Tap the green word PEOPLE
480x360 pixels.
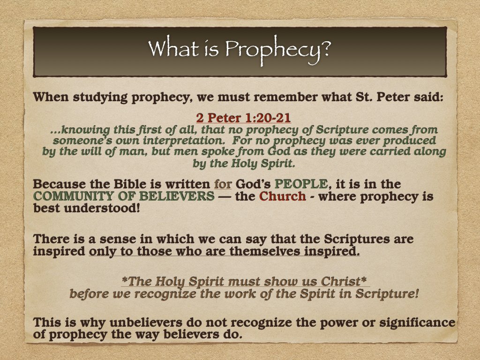tap(302, 185)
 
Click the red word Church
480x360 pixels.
tap(282, 196)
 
